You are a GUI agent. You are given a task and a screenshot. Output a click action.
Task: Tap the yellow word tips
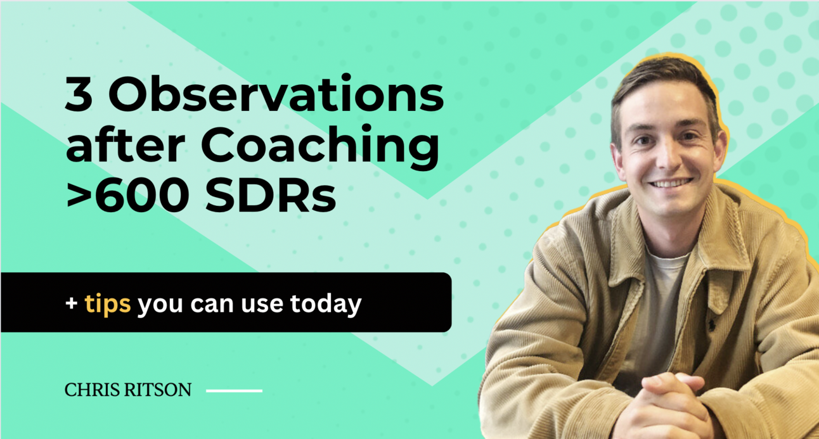tap(108, 304)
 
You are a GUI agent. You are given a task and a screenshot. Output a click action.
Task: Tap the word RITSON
tap(158, 390)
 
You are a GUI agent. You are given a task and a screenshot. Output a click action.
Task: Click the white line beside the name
tap(234, 391)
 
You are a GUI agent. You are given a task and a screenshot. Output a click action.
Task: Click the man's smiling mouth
tap(669, 184)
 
